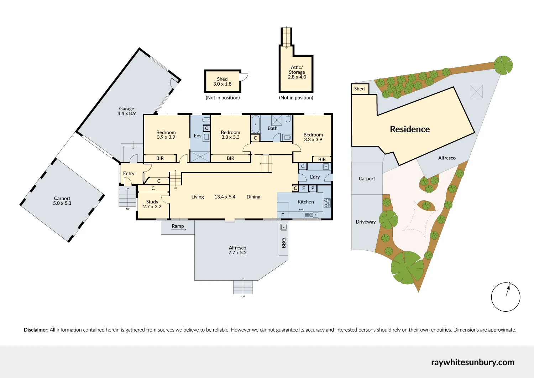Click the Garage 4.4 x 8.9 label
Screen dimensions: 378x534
tap(127, 111)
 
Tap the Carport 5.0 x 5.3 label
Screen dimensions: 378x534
tap(62, 201)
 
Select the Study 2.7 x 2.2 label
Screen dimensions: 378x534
tap(152, 204)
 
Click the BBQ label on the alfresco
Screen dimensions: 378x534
tap(284, 243)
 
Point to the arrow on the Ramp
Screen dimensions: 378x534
tap(179, 230)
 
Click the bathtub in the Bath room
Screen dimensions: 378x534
tap(256, 124)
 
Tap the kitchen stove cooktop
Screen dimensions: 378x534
tap(327, 203)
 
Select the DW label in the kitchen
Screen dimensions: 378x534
tap(301, 210)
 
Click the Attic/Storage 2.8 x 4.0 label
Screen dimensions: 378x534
tap(297, 72)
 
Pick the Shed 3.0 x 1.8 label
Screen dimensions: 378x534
tap(222, 82)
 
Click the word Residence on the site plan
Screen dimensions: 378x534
tap(410, 129)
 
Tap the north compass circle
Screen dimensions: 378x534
tap(506, 297)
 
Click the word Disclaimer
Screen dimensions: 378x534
tap(36, 330)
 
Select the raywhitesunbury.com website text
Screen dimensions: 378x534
tap(472, 362)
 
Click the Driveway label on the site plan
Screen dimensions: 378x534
tap(366, 222)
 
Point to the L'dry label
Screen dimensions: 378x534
tap(315, 177)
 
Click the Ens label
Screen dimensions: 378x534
tap(198, 136)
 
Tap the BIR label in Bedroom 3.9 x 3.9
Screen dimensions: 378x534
tap(160, 158)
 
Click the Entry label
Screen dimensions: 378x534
tap(129, 174)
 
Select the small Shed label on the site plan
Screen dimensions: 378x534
tap(359, 89)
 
